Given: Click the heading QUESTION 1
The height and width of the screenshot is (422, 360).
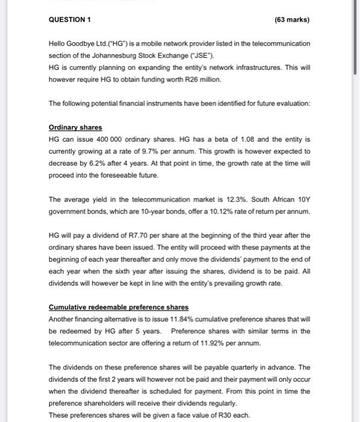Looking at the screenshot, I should (69, 20).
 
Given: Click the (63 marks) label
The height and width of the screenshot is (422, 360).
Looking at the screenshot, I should (291, 20).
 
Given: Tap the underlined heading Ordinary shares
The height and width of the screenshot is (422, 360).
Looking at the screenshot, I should (75, 127).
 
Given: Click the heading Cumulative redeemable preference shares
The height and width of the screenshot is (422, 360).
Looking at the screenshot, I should (118, 307).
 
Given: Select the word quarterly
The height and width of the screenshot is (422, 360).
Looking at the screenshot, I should (225, 367).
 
